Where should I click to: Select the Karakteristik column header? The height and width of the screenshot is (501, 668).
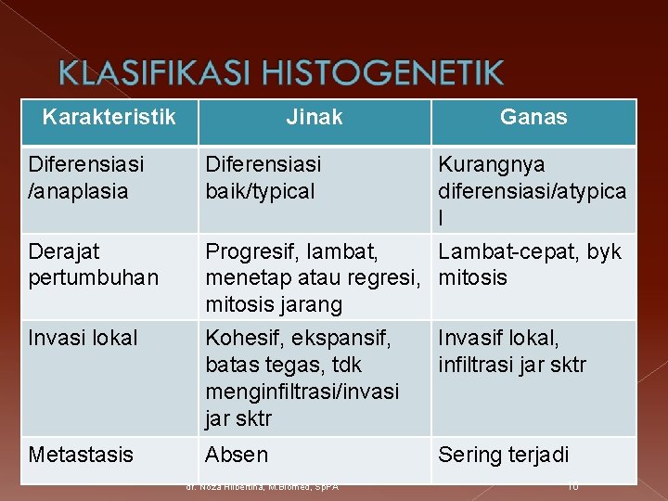point(109,117)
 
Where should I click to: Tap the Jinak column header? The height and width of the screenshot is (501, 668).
point(314,117)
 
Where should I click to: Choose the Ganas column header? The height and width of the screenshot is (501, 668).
point(533,117)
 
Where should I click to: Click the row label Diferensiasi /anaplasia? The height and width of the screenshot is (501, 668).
point(86,177)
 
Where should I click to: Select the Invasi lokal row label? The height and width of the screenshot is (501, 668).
point(83,338)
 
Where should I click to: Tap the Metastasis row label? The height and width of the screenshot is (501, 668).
point(81,455)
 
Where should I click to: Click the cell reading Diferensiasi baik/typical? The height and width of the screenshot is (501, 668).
point(263,177)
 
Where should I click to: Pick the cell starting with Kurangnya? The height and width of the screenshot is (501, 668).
point(532,190)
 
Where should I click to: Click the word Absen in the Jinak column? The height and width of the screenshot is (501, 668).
point(237,455)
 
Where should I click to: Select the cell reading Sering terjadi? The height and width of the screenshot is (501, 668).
point(504,455)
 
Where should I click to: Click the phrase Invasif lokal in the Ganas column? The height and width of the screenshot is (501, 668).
point(498,338)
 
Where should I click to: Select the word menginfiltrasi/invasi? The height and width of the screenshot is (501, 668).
point(302,392)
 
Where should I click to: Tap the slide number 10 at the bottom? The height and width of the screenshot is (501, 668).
point(573,486)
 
